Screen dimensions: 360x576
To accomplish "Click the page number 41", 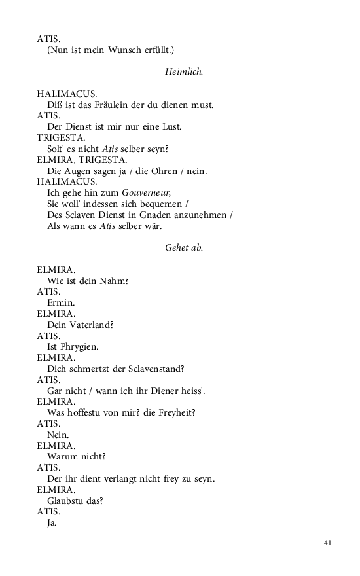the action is [x=328, y=543].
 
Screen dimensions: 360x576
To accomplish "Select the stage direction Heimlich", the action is [x=184, y=71].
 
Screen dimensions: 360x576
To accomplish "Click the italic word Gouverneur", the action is [x=146, y=192].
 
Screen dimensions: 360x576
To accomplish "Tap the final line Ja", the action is [x=52, y=524].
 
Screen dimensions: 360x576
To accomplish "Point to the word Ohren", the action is [x=170, y=171].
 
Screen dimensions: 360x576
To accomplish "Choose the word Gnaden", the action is [x=139, y=215].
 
